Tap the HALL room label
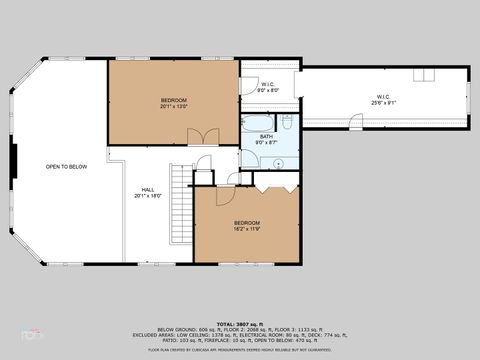pos(147,189)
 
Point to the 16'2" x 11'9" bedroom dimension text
pos(247,228)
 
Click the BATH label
pos(266,136)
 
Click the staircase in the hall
pos(181,204)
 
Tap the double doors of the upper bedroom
pos(205,136)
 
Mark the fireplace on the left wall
pos(15,160)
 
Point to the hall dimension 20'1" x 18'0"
pos(147,196)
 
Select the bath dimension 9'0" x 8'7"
pos(266,143)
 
